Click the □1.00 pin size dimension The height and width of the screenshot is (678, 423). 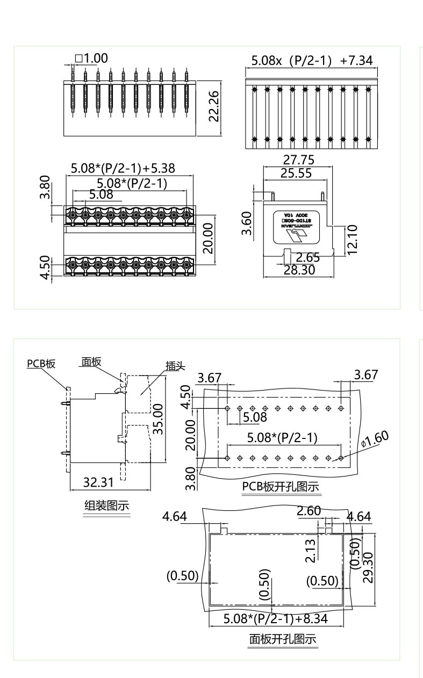tap(92, 58)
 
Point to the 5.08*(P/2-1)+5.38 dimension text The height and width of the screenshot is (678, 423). tap(123, 169)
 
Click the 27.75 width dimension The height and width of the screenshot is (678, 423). tap(299, 160)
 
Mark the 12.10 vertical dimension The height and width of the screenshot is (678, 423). tap(353, 241)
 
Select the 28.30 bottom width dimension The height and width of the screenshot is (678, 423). tap(299, 270)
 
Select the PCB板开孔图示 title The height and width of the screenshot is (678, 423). tap(281, 487)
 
